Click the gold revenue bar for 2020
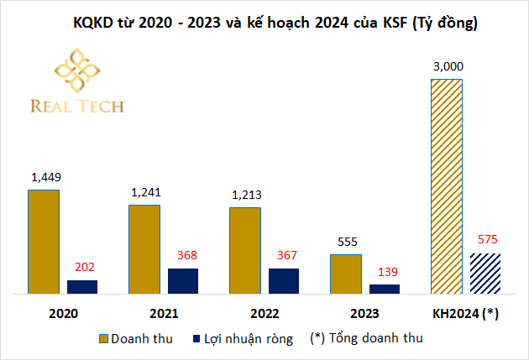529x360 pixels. pos(44,242)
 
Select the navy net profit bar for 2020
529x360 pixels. pos(82,286)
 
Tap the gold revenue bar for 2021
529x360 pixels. pos(144,249)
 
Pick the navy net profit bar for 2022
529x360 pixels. pos(284,281)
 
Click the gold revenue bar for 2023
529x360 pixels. pos(345,274)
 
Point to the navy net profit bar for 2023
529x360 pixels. pos(385,289)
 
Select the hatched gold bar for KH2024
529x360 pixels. pos(446,186)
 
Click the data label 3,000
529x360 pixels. pos(448,65)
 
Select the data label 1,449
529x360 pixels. pos(45,177)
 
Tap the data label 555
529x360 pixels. pos(345,241)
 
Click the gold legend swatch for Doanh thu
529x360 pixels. pos(105,339)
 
